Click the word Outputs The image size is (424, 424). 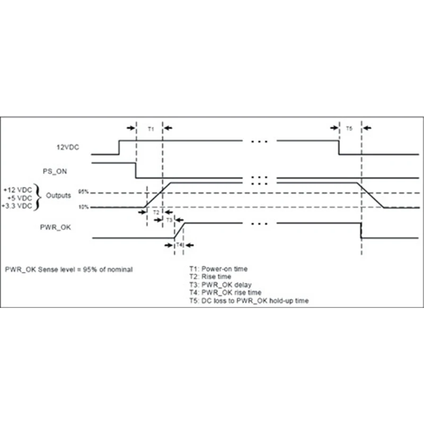click(58, 195)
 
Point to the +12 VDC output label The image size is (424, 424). click(16, 189)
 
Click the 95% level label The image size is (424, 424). click(83, 191)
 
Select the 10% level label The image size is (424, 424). click(83, 207)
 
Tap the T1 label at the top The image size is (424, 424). click(150, 129)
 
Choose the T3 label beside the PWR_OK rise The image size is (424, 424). click(169, 219)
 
